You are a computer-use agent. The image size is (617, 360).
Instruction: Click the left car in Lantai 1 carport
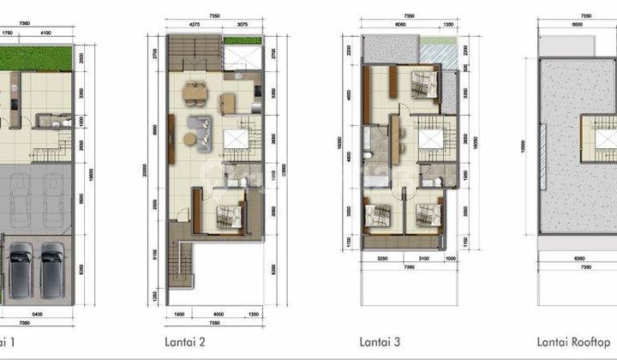click(19, 263)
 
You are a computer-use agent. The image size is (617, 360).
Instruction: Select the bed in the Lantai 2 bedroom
click(226, 216)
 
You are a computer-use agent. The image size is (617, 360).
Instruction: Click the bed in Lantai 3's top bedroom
click(422, 86)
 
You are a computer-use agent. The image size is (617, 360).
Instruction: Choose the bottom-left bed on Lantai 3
click(378, 215)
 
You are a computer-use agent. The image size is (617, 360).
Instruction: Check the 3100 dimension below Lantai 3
click(423, 258)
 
